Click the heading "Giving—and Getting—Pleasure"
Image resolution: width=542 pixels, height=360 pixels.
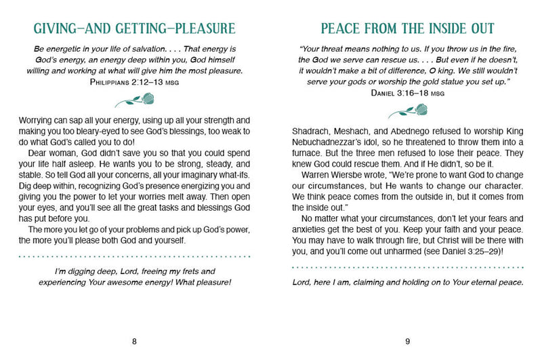135,28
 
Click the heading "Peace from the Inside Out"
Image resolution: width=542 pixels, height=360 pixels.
407,28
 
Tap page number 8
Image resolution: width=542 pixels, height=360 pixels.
135,341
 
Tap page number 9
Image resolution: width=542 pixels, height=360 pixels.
407,341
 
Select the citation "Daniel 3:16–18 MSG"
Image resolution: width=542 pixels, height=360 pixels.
407,90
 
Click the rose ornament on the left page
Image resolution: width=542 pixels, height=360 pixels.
135,102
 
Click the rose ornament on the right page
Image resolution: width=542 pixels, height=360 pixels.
407,110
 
